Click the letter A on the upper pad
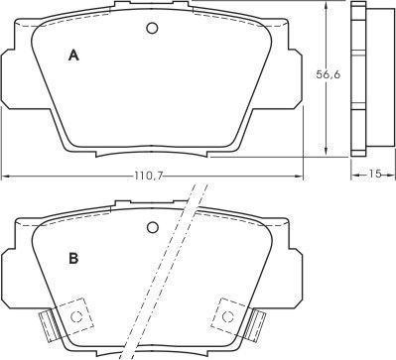(x=73, y=56)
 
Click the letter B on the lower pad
(x=73, y=258)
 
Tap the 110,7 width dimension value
(x=148, y=177)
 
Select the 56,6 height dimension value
(x=328, y=74)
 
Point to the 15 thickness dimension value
(x=375, y=174)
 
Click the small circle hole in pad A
(x=152, y=28)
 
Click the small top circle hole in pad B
(x=153, y=227)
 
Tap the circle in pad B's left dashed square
(x=76, y=317)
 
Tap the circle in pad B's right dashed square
(x=227, y=316)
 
